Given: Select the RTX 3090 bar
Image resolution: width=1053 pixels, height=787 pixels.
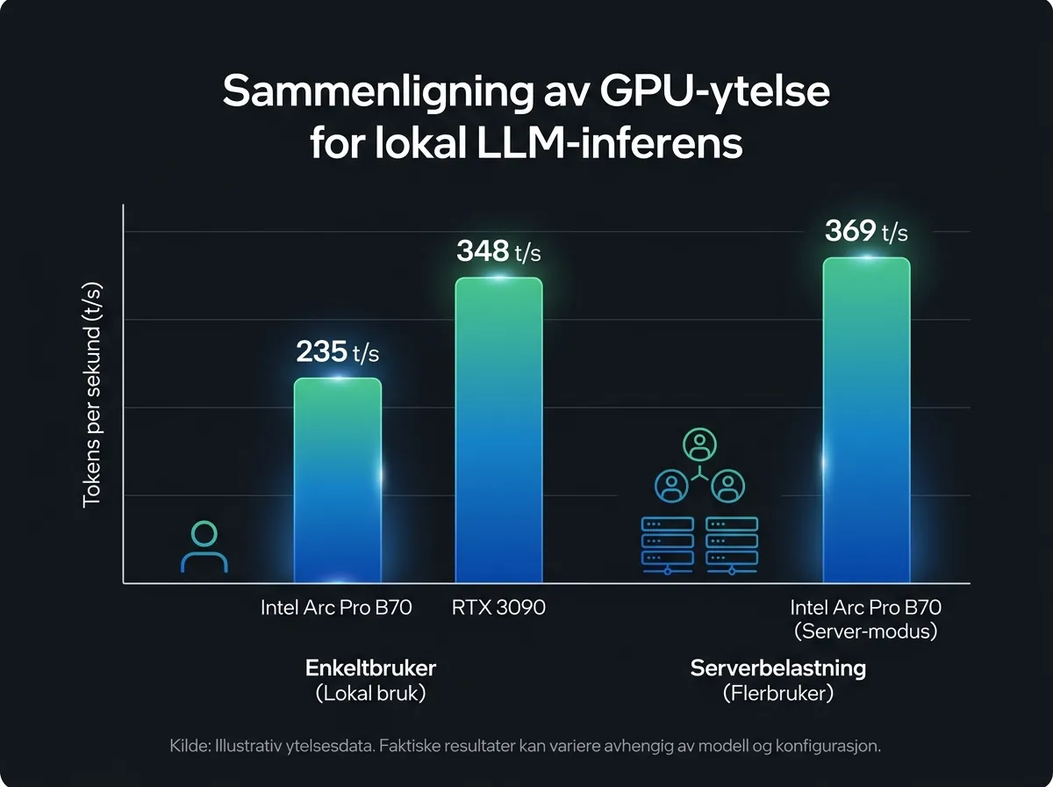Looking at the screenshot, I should click(x=498, y=430).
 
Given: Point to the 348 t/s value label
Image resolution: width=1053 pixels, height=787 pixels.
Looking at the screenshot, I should click(x=498, y=252).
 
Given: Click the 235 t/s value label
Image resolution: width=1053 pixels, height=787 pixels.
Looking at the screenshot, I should click(x=337, y=352).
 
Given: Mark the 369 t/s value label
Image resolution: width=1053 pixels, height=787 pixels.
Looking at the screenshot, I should click(x=866, y=232).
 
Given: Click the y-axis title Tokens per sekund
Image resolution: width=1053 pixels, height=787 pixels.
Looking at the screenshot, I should click(x=92, y=394).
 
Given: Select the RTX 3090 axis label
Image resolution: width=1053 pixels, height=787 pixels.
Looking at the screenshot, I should click(x=498, y=608).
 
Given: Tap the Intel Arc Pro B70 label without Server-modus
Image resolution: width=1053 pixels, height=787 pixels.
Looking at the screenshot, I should click(x=336, y=608).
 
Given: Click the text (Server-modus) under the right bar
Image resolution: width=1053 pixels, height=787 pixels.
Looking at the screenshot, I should click(x=866, y=631).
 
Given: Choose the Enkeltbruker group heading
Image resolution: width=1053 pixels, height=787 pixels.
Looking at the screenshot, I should click(x=370, y=668).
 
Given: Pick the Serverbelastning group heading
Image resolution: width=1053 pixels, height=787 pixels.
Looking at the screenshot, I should click(x=777, y=668).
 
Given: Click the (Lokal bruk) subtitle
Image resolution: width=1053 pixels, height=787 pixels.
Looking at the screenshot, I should click(x=370, y=693).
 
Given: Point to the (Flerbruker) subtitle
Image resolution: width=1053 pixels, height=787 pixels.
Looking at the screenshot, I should click(x=777, y=693).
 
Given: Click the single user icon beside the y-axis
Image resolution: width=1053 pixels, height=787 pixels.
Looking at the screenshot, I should click(x=204, y=547).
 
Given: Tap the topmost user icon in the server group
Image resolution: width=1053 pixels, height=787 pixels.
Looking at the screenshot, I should click(x=699, y=445).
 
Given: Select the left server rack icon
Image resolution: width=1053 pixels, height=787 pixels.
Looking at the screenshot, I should click(x=668, y=545).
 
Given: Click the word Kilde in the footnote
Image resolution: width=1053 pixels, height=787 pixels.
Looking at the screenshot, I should click(x=188, y=747).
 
